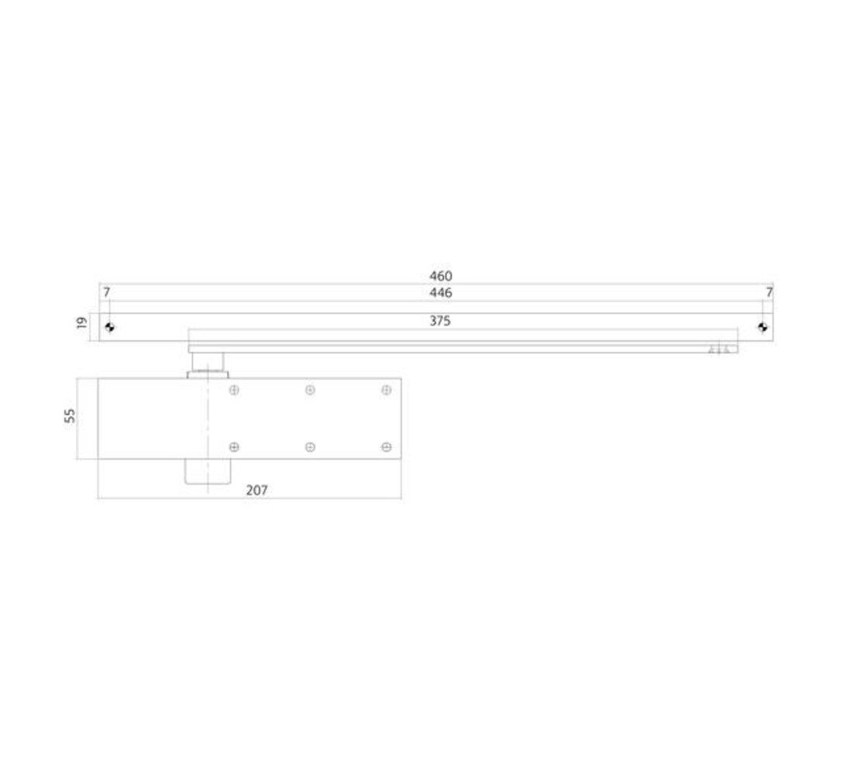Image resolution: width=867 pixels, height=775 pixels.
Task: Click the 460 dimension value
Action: pos(440,276)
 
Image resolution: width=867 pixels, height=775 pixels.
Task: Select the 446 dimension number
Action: pos(440,293)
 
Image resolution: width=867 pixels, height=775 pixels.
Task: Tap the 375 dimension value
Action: pos(440,321)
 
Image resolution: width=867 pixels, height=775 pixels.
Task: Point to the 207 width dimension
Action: pos(256,491)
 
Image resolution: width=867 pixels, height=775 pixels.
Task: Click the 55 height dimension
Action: pos(71,415)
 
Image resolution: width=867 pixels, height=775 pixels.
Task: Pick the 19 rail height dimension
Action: pos(82,322)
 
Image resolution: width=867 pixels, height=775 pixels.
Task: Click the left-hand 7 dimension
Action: pos(106,293)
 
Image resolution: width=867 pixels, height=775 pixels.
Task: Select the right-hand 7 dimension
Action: pos(769,293)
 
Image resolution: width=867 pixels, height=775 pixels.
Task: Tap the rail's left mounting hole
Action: pos(109,327)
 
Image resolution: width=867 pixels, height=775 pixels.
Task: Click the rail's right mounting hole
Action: pos(762,327)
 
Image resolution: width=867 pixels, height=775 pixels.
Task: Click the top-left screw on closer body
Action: pos(234,390)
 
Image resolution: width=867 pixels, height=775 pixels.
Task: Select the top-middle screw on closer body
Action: pos(310,390)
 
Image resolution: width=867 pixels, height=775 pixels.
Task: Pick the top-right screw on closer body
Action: pos(386,390)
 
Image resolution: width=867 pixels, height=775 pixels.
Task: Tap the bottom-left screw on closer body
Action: pos(234,447)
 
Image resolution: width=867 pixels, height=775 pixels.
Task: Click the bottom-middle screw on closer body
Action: pos(310,447)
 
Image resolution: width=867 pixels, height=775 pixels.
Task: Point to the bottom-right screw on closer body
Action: pos(386,447)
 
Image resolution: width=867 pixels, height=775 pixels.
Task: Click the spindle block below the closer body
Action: pos(207,472)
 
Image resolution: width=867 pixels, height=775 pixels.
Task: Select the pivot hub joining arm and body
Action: pos(207,364)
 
